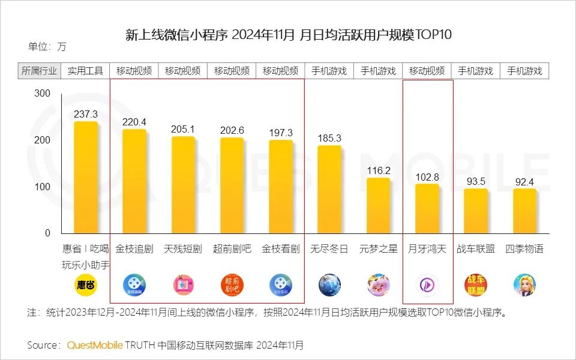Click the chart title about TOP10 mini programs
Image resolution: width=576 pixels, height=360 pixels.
[x=288, y=35]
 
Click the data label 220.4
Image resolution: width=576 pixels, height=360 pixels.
[x=134, y=122]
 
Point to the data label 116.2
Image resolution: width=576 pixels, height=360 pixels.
[x=379, y=170]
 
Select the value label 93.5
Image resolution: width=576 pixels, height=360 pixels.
[x=476, y=181]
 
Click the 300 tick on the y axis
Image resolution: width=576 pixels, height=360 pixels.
[x=42, y=94]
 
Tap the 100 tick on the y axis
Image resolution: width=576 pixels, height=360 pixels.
[x=42, y=187]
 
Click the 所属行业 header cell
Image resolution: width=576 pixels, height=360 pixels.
[x=40, y=71]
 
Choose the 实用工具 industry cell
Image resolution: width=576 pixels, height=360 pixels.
[x=85, y=71]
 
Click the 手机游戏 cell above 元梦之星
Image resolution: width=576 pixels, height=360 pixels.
[x=378, y=71]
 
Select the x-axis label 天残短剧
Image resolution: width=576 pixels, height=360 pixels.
[x=183, y=249]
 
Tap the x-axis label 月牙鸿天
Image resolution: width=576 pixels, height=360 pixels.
[x=427, y=249]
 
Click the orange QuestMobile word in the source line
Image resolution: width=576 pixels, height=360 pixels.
[x=95, y=345]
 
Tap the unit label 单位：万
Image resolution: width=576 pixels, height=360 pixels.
[x=47, y=47]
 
